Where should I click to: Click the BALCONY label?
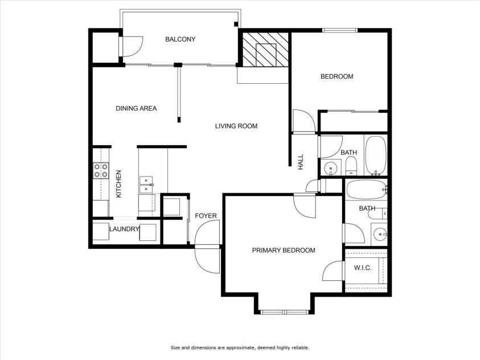[x=180, y=39]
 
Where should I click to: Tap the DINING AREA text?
[x=136, y=108]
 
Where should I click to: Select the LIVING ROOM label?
[x=236, y=126]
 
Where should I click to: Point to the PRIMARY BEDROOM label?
[x=284, y=250]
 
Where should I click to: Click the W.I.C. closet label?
[x=363, y=268]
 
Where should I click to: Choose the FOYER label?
[x=206, y=216]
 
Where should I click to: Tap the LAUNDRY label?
[x=125, y=229]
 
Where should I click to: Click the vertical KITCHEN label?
[x=119, y=184]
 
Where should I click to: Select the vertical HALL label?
[x=301, y=162]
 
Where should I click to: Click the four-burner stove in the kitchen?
[x=101, y=170]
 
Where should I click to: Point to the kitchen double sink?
[x=146, y=184]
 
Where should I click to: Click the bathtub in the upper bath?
[x=376, y=156]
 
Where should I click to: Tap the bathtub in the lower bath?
[x=364, y=189]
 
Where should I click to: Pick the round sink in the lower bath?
[x=379, y=234]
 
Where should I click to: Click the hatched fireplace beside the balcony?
[x=264, y=51]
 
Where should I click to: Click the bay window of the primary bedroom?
[x=283, y=312]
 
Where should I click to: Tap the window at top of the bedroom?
[x=340, y=30]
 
